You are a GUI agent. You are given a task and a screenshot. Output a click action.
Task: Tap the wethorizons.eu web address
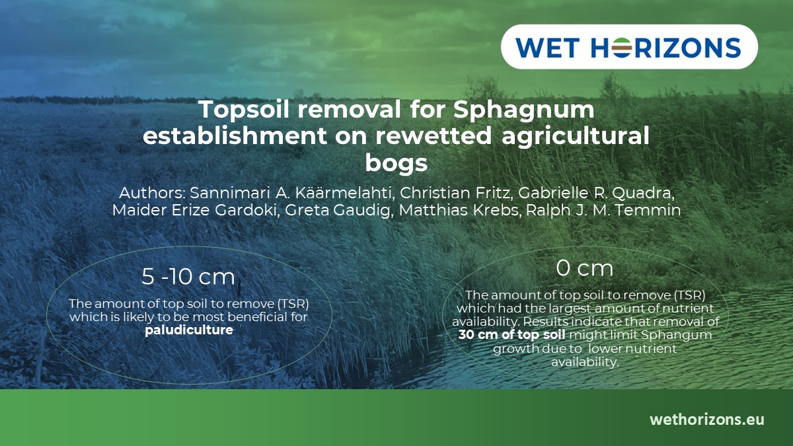point(706,420)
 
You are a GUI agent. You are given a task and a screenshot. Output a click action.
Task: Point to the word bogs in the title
point(397,162)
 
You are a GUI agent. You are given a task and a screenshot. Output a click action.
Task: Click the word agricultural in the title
point(576,136)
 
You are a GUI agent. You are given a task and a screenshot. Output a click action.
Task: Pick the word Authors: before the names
point(152,194)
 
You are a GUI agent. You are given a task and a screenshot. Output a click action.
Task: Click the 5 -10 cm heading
point(188,277)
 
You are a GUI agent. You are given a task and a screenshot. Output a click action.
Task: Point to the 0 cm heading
point(585,268)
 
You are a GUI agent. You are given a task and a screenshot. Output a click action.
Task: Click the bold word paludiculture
point(189,330)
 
